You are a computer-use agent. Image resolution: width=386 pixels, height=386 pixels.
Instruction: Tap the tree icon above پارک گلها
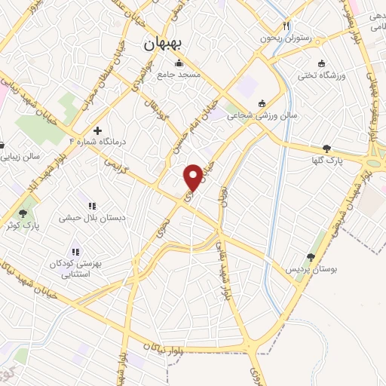[x=326, y=149]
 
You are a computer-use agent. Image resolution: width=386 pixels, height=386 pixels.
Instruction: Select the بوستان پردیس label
[x=310, y=269]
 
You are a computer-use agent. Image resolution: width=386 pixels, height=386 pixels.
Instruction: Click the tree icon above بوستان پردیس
[x=311, y=258]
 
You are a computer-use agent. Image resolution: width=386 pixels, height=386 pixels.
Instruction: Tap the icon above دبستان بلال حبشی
[x=92, y=206]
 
